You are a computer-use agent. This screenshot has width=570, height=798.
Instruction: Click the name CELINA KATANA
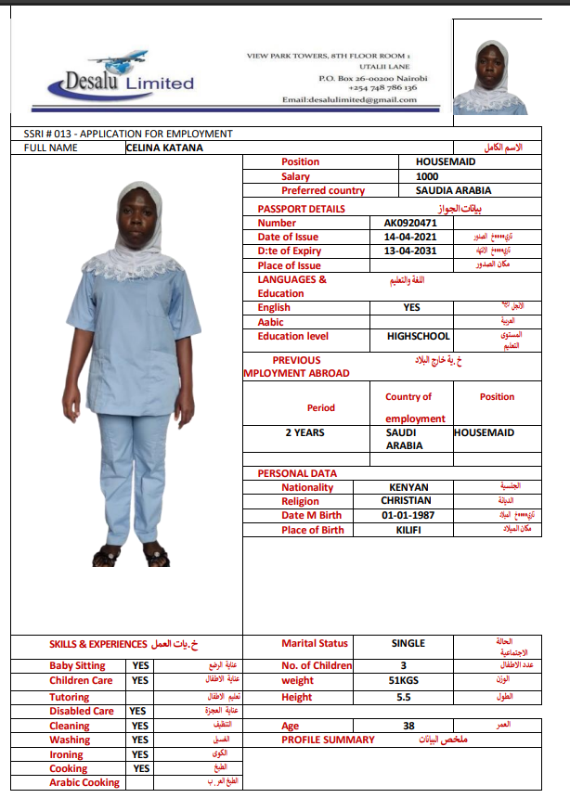coord(164,148)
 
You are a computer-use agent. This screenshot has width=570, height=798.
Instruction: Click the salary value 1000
coord(427,176)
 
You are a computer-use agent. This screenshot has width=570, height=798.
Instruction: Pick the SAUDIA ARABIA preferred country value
coord(454,190)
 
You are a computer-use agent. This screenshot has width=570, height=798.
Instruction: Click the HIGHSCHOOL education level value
coord(419,336)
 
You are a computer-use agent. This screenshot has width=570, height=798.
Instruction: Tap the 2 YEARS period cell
coord(305,432)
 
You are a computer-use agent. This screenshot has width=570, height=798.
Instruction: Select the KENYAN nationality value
coord(408,487)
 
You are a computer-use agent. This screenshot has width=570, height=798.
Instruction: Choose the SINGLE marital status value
coord(408,643)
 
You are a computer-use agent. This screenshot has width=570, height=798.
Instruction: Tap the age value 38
coord(408,727)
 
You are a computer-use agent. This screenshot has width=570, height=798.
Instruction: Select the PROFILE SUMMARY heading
coord(328,740)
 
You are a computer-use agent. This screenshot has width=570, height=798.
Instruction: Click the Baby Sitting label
coord(77,665)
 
